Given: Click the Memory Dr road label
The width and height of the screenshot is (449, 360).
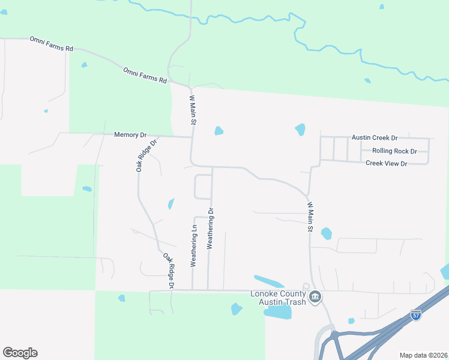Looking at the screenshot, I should click(130, 135).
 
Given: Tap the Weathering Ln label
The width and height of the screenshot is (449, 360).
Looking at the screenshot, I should click(193, 247).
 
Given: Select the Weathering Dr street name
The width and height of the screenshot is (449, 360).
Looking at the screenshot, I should click(210, 228).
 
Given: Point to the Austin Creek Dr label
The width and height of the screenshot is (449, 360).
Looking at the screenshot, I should click(375, 137).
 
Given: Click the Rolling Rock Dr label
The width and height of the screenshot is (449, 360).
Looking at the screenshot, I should click(394, 151).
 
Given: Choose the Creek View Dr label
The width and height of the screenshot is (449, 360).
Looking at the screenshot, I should click(386, 163).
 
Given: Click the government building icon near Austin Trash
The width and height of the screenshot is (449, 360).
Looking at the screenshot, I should click(315, 297).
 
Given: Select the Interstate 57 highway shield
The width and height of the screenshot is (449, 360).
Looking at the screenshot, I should click(416, 314).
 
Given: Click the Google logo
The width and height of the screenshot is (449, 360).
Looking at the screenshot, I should click(20, 353).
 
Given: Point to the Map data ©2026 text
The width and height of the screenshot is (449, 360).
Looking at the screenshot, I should click(423, 355).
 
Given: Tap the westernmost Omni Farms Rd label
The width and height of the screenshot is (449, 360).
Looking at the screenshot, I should click(51, 43).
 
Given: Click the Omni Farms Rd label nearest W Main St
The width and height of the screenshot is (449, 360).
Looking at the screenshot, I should click(145, 75).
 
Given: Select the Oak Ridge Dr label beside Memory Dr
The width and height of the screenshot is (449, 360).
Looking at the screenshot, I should click(146, 156).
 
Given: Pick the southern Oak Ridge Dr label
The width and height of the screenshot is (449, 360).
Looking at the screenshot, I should click(167, 270).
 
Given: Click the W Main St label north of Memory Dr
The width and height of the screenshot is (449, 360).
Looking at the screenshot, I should click(193, 110).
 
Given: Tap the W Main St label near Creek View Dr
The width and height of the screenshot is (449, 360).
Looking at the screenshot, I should click(310, 217).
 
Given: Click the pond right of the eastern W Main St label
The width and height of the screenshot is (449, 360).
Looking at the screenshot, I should click(326, 233).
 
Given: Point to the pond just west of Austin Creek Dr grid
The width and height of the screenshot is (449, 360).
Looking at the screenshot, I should click(300, 129).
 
